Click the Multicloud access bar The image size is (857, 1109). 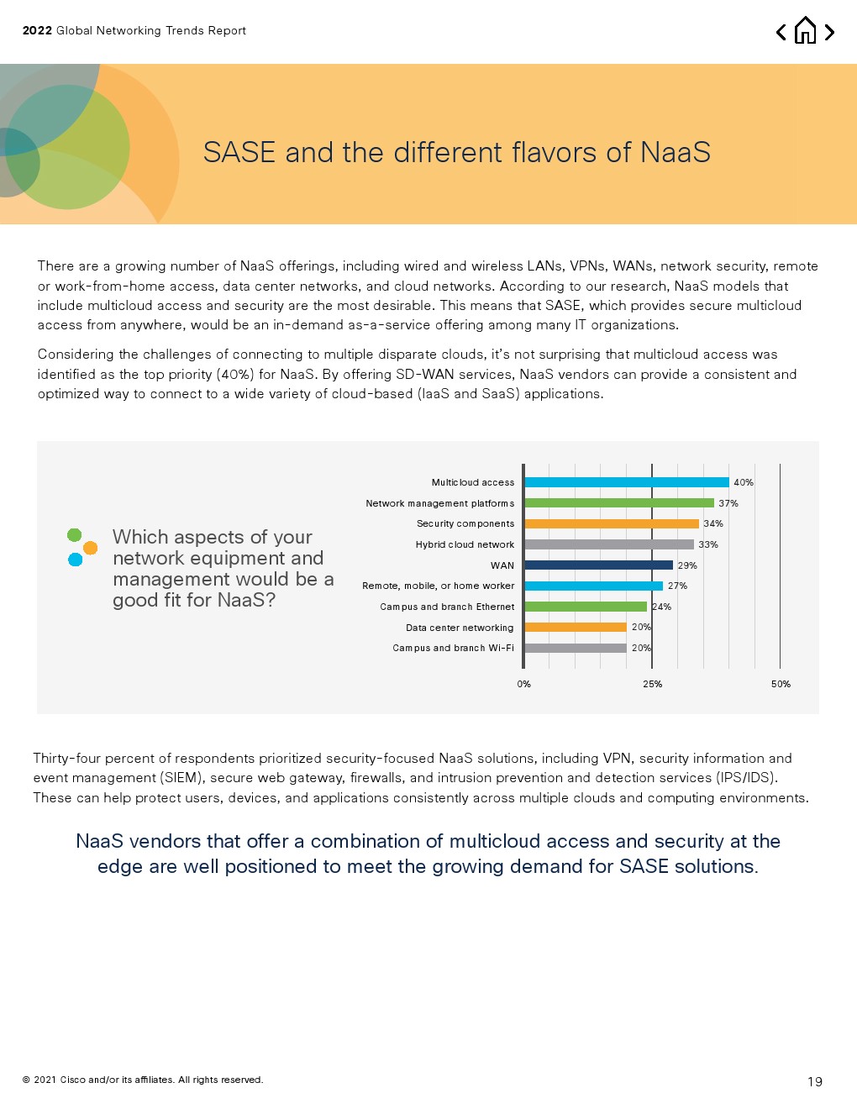pyautogui.click(x=626, y=482)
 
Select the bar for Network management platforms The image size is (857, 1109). pyautogui.click(x=618, y=503)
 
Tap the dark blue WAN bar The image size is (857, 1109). pyautogui.click(x=598, y=565)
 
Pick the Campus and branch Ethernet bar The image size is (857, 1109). pyautogui.click(x=586, y=607)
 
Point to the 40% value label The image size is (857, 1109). pyautogui.click(x=744, y=482)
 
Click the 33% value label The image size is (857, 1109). pyautogui.click(x=708, y=544)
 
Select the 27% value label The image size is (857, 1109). pyautogui.click(x=677, y=586)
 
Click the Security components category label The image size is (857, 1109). pyautogui.click(x=465, y=523)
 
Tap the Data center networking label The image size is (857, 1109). pyautogui.click(x=460, y=628)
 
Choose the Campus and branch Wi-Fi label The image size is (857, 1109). pyautogui.click(x=454, y=648)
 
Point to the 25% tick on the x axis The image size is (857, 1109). pyautogui.click(x=652, y=684)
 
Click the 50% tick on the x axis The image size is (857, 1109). pyautogui.click(x=781, y=684)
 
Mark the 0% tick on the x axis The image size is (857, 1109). pyautogui.click(x=524, y=684)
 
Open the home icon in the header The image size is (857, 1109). pyautogui.click(x=805, y=31)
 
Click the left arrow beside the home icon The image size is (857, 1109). pyautogui.click(x=781, y=32)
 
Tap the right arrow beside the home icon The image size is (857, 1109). pyautogui.click(x=829, y=32)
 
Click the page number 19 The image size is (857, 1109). pyautogui.click(x=815, y=1081)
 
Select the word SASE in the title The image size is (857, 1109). pyautogui.click(x=239, y=152)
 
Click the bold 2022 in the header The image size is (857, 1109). pyautogui.click(x=37, y=30)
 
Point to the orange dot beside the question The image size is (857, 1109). pyautogui.click(x=90, y=548)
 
